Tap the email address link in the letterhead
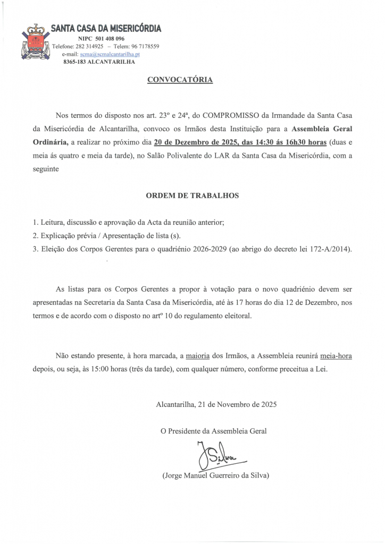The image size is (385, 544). point(110,54)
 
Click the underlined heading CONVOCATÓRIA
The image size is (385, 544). point(180,80)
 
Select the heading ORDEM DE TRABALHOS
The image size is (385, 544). point(192,195)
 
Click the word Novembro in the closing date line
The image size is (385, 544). point(227,404)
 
